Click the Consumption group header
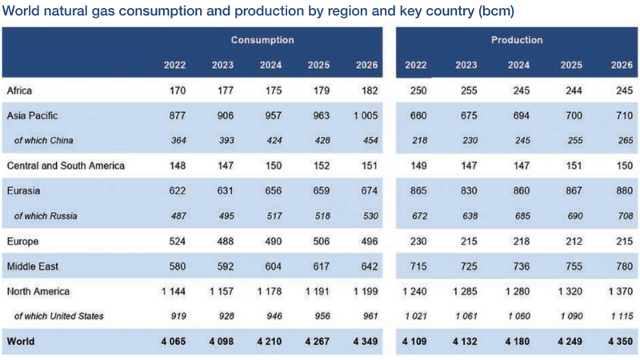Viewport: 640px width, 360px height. pyautogui.click(x=262, y=40)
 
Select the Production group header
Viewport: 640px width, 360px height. pyautogui.click(x=517, y=40)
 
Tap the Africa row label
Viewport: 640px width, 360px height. pyautogui.click(x=19, y=91)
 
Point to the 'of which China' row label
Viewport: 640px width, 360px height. pyautogui.click(x=44, y=141)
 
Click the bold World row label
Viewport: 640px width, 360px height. pyautogui.click(x=21, y=342)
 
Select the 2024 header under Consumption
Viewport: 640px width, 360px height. pyautogui.click(x=270, y=65)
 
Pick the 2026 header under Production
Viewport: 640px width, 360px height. pyautogui.click(x=622, y=65)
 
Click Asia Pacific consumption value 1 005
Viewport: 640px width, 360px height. pyautogui.click(x=364, y=116)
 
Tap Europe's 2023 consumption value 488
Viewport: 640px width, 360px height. pyautogui.click(x=223, y=241)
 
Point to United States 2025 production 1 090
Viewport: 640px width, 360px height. pyautogui.click(x=571, y=316)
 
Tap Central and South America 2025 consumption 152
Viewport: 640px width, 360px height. pyautogui.click(x=318, y=166)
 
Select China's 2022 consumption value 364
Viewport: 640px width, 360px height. pyautogui.click(x=178, y=141)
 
